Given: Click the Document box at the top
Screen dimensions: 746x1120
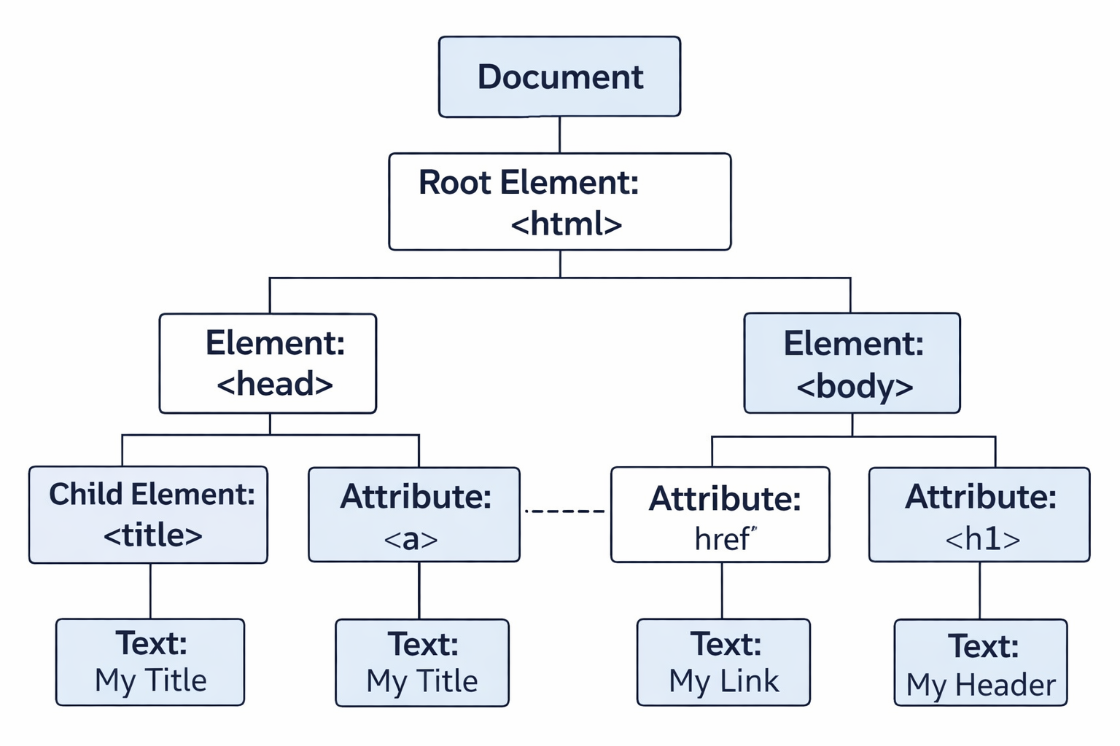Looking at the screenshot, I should [559, 76].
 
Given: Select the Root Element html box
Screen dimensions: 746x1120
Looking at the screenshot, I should [559, 202].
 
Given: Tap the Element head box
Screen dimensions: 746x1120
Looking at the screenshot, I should [268, 364].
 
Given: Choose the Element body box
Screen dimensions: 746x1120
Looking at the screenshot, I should [852, 364].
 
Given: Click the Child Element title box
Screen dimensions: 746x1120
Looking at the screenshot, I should [148, 515].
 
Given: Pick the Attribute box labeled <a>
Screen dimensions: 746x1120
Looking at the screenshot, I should [413, 515].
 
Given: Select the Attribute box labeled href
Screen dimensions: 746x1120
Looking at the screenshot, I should [720, 515].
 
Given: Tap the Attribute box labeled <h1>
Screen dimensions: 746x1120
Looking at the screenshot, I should [979, 515].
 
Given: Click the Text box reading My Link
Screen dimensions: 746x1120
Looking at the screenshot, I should [723, 662].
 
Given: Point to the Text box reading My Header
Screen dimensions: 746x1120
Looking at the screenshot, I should [980, 663].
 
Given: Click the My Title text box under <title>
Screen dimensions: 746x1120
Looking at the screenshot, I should [150, 662].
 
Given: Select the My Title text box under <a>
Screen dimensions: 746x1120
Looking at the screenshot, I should [421, 663].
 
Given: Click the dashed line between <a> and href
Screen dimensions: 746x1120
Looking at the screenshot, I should [565, 511].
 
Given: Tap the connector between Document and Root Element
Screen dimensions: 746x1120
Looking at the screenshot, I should [559, 135].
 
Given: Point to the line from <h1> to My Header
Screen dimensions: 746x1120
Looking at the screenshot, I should [979, 591].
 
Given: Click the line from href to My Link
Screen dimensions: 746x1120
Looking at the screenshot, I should [722, 591].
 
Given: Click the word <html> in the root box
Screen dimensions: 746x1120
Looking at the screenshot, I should [567, 224].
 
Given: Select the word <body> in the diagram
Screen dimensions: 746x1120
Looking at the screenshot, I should [855, 386].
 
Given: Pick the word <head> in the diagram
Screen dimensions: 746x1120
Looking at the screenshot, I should [275, 384].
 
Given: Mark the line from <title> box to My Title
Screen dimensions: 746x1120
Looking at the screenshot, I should [150, 591].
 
